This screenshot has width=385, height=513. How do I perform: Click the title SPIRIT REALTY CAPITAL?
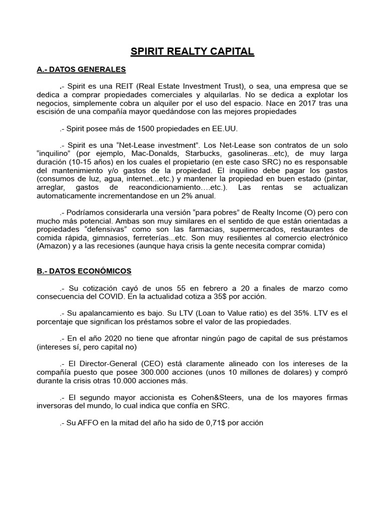[192, 52]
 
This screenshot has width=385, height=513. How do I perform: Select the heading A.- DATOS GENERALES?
[81, 69]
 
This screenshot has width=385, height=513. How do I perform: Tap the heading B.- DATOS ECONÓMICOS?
[84, 271]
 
